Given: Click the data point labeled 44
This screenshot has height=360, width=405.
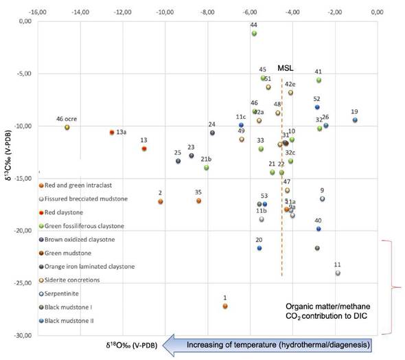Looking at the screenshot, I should point(254,33).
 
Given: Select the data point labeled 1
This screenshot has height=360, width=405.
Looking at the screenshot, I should point(224,306).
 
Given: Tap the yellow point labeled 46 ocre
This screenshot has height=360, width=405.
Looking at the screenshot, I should point(67,127).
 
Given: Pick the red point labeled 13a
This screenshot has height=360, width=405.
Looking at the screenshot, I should point(112,132).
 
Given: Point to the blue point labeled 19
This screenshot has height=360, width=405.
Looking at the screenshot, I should point(355,120).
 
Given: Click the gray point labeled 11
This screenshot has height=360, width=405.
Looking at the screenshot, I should point(338,273).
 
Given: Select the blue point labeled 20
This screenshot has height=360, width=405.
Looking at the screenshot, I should point(259,247).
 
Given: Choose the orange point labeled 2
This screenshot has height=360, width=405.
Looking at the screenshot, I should point(161,201).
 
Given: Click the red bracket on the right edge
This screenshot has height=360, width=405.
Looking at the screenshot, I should point(394,286).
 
